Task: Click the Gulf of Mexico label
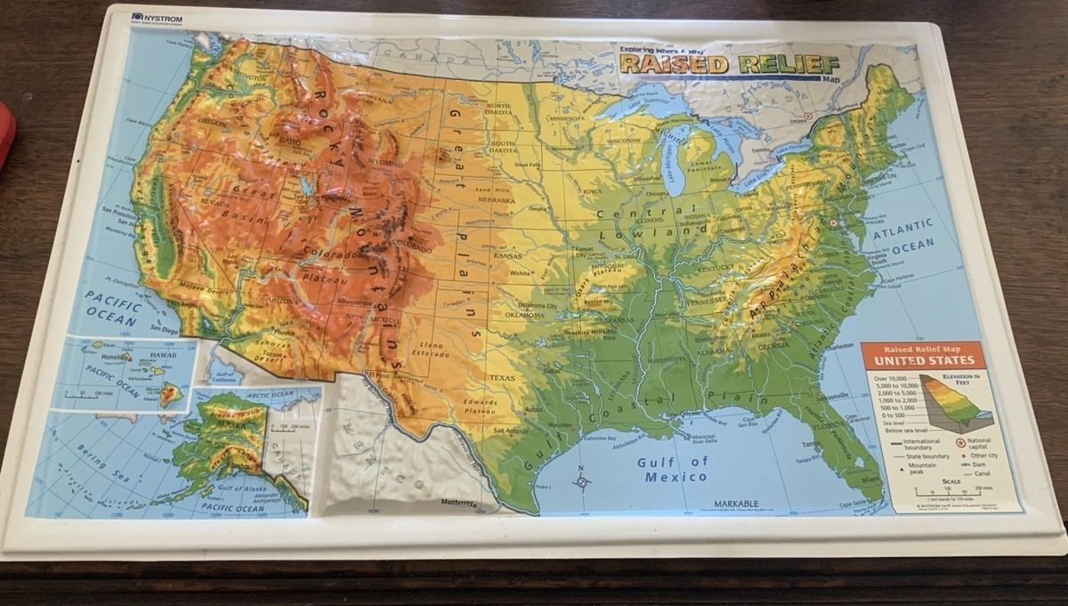point(674,469)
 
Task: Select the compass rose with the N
point(582,481)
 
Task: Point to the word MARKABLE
point(736,504)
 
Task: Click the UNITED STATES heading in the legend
point(923,360)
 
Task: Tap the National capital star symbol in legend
point(961,442)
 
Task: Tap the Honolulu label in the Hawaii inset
point(115,357)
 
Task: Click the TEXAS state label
point(501,377)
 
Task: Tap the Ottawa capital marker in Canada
point(808,117)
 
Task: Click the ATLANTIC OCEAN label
point(902,233)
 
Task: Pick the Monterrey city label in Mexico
point(458,502)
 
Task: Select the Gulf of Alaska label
point(238,488)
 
